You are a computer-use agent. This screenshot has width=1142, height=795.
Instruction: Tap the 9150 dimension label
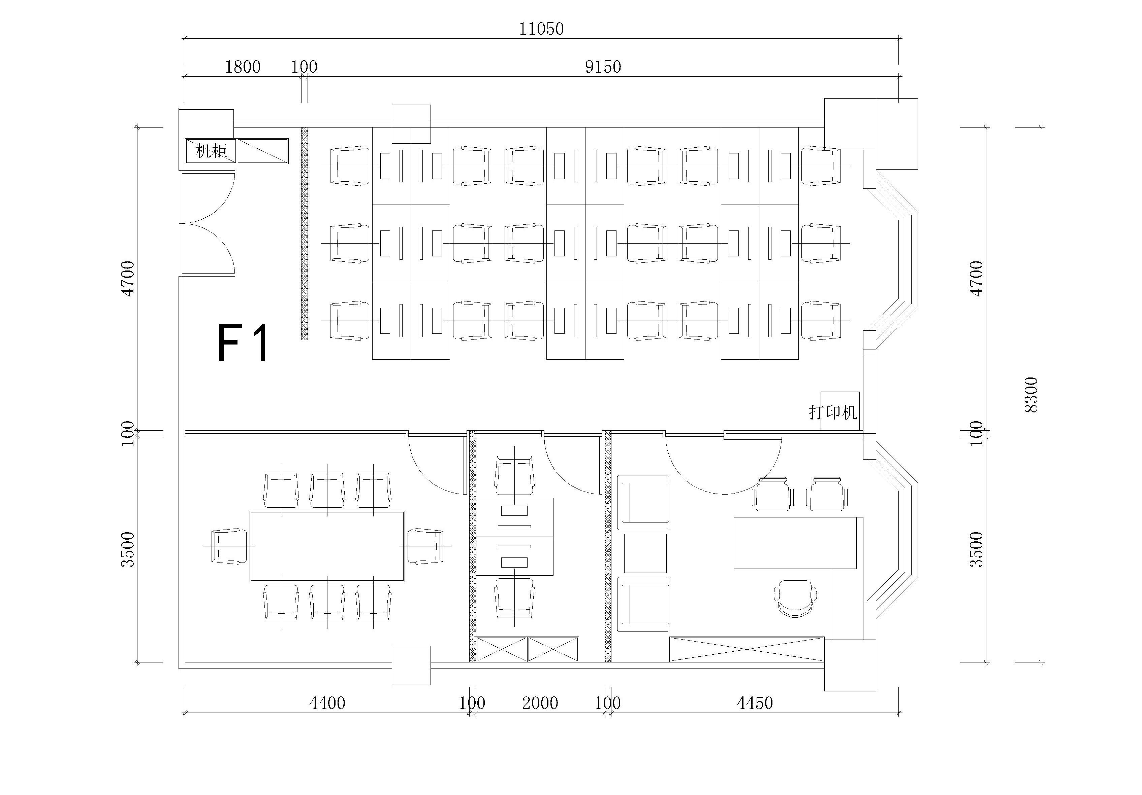coord(603,67)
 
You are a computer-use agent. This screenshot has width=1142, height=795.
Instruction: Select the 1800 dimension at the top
coord(243,67)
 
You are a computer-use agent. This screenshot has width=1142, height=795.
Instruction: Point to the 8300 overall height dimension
coord(1032,395)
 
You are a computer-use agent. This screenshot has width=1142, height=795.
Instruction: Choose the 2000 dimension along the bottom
coord(540,703)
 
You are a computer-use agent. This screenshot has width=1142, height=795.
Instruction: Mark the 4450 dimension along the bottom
coord(755,703)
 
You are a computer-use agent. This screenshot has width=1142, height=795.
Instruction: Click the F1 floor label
coord(243,343)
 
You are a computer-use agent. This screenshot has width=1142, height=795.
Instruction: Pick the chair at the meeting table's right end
coord(425,546)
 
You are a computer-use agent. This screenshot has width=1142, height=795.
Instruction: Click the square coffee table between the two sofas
coord(645,553)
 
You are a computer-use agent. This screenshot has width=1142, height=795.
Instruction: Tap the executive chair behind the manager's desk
coord(795,599)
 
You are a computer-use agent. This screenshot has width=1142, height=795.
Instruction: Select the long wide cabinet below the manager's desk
coord(747,649)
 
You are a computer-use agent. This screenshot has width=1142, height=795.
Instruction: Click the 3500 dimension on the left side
coord(128,549)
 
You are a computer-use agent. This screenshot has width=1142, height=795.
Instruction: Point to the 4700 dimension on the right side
coord(977,279)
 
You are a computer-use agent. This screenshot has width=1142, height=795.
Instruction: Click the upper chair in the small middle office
coord(514,475)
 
